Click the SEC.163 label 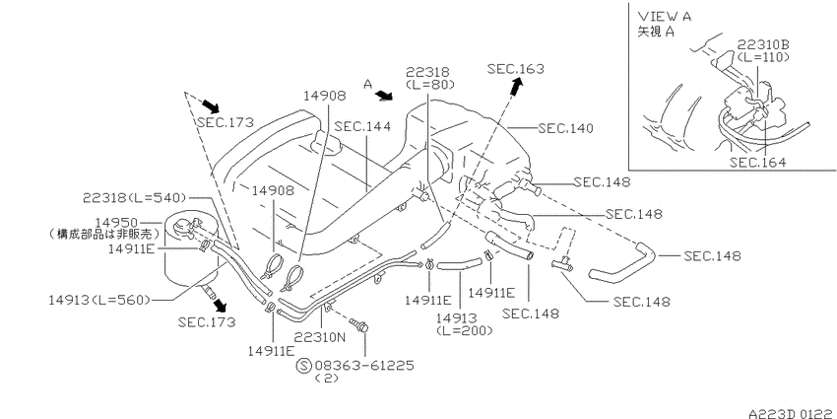click(x=516, y=68)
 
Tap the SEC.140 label click(x=565, y=128)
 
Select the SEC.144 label click(x=362, y=126)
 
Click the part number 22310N click(x=320, y=337)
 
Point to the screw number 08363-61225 click(x=364, y=366)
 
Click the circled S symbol click(x=303, y=366)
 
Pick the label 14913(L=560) click(x=99, y=300)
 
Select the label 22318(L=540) click(x=134, y=198)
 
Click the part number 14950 click(x=116, y=222)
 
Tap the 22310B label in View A click(x=764, y=45)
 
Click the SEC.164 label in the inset click(x=758, y=163)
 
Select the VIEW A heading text click(x=665, y=17)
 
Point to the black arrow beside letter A click(x=384, y=96)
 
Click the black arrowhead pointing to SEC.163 click(x=517, y=86)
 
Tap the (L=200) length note click(x=465, y=331)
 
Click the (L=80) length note click(x=429, y=84)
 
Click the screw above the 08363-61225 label click(x=359, y=325)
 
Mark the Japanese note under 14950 click(x=101, y=234)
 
